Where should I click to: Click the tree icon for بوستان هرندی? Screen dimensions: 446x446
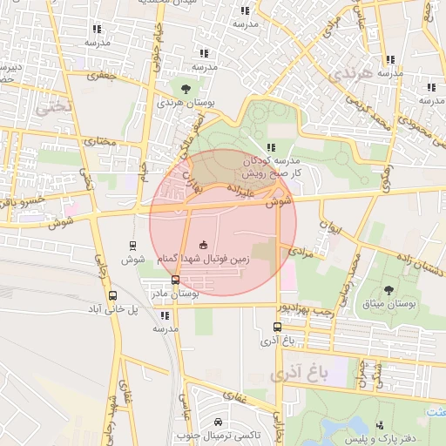186,89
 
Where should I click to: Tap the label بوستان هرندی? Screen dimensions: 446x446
184,103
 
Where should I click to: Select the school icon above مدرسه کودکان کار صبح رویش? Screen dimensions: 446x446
271,147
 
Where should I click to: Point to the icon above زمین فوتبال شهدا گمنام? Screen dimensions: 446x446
204,244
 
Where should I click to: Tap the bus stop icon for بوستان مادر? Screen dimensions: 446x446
176,280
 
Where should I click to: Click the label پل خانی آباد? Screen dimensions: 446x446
112,309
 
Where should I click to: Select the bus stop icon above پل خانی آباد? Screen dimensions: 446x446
112,295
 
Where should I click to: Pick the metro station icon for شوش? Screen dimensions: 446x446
132,245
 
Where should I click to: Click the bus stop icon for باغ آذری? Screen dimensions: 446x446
277,328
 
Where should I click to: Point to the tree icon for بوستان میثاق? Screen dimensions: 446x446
388,290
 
